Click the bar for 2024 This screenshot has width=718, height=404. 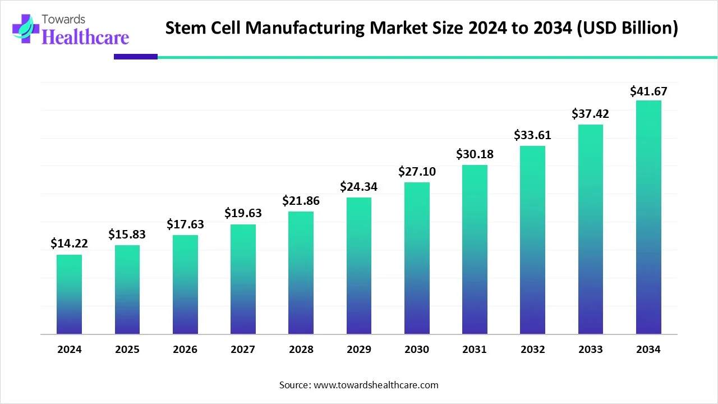point(69,295)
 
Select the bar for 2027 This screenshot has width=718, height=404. point(243,279)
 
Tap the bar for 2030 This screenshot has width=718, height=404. point(417,258)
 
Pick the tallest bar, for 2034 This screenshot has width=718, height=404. point(648,217)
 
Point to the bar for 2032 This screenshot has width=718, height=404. point(532,240)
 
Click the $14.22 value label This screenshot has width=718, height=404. point(69,244)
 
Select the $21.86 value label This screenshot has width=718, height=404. point(301,200)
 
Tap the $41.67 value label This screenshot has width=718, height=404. point(648,91)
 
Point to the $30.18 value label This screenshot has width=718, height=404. point(475,154)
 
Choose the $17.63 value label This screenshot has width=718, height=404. point(185,224)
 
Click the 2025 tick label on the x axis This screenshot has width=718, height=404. point(127,350)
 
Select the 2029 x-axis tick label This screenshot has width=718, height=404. point(359,350)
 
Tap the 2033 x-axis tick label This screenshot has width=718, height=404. point(591,350)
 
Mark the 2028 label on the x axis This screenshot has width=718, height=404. point(301,350)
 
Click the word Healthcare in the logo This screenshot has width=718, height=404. point(85,37)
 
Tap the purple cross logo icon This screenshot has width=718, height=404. point(22,28)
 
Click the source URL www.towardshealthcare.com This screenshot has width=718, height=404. point(375,385)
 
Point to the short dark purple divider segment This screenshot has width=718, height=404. point(136,57)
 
